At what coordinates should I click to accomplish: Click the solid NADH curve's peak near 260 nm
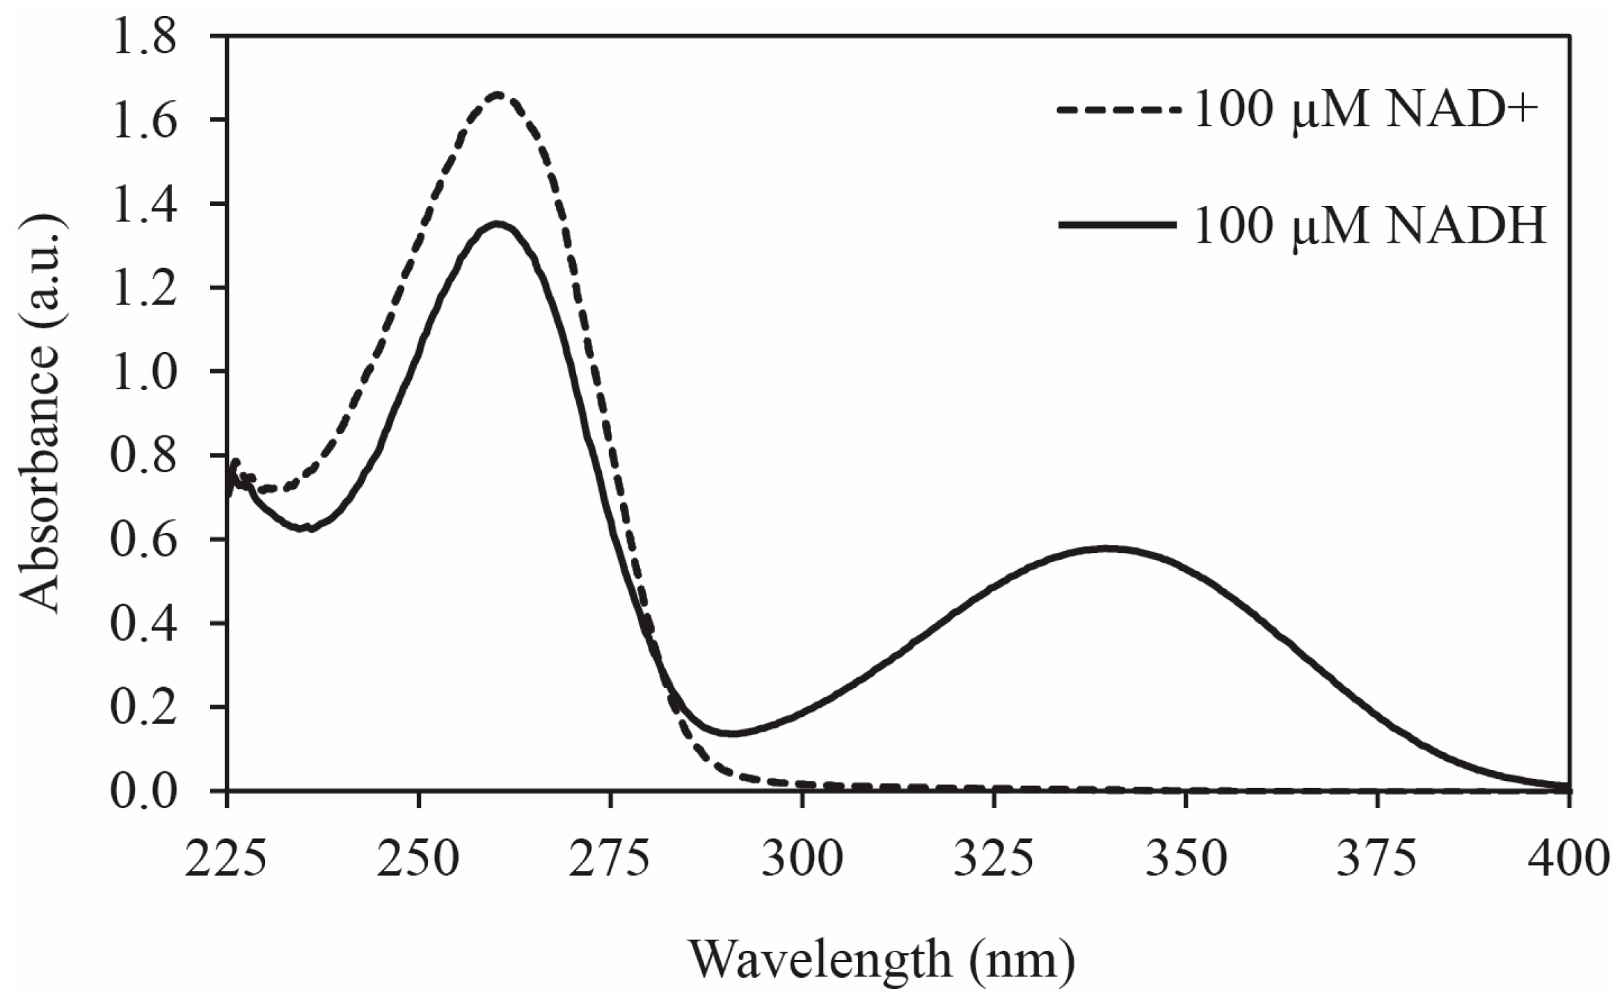(497, 224)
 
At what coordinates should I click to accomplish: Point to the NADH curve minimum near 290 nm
(731, 733)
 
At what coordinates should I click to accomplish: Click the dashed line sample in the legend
(1118, 110)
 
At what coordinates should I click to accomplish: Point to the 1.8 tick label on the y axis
(147, 36)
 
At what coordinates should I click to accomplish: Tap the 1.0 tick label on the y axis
(147, 372)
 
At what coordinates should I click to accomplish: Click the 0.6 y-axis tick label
(147, 540)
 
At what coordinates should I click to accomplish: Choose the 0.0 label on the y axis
(147, 792)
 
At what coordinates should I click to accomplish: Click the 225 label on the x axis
(226, 859)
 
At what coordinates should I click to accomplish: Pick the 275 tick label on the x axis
(610, 859)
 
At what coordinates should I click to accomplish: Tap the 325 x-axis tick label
(994, 859)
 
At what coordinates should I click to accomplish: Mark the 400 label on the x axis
(1568, 859)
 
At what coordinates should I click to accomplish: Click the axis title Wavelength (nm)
(882, 961)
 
